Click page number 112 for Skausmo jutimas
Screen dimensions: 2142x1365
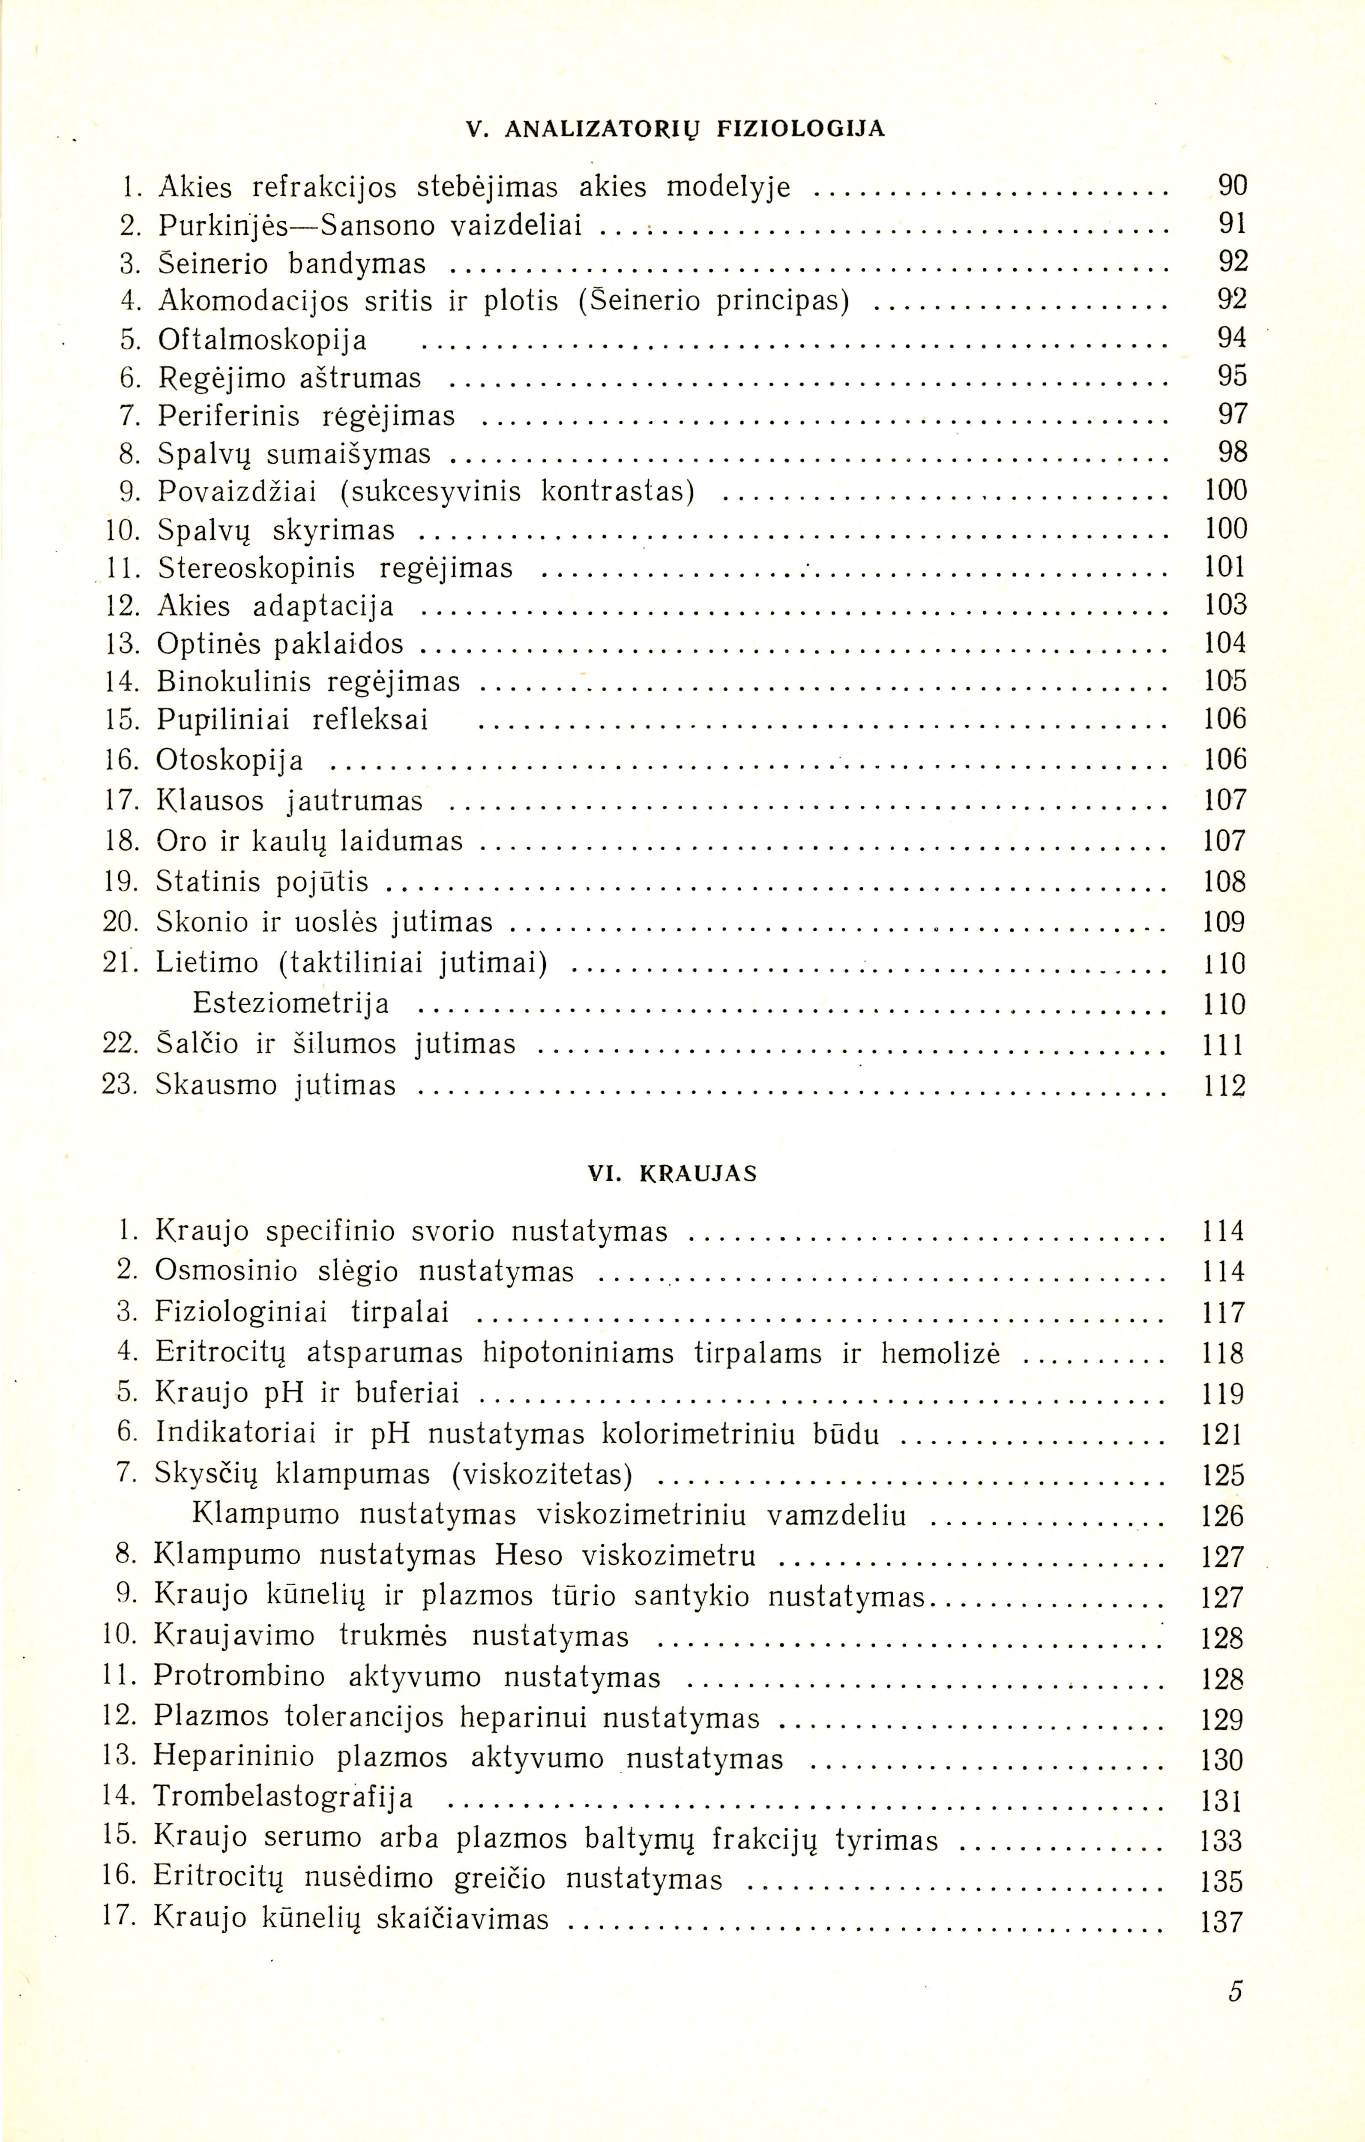click(1224, 1085)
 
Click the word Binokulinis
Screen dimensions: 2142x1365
click(233, 681)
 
